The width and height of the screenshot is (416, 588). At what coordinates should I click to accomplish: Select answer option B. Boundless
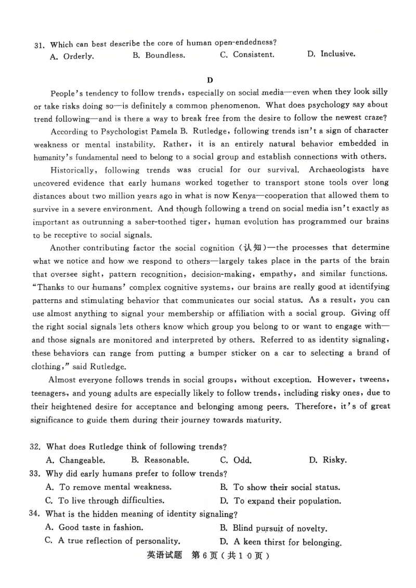pyautogui.click(x=159, y=56)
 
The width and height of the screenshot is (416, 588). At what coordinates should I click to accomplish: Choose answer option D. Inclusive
pyautogui.click(x=331, y=54)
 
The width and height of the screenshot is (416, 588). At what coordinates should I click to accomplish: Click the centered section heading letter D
pyautogui.click(x=210, y=79)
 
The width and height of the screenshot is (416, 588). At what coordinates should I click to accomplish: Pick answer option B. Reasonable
pyautogui.click(x=160, y=460)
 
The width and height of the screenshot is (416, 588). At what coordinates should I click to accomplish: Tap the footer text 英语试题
pyautogui.click(x=164, y=555)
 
